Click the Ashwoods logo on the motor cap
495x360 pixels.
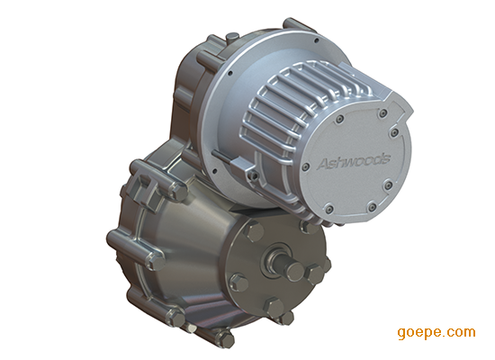tap(354, 161)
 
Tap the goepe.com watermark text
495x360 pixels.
tap(436, 332)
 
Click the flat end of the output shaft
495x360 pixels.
tap(295, 271)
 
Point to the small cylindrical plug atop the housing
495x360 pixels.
tap(232, 37)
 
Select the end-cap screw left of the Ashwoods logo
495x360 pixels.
tap(305, 167)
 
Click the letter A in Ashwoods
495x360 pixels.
tap(323, 164)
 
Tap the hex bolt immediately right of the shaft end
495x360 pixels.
tap(314, 274)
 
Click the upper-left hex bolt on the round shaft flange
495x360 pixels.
tap(253, 230)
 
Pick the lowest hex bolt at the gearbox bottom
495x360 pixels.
tap(225, 338)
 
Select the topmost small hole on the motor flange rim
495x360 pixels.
tap(316, 40)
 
